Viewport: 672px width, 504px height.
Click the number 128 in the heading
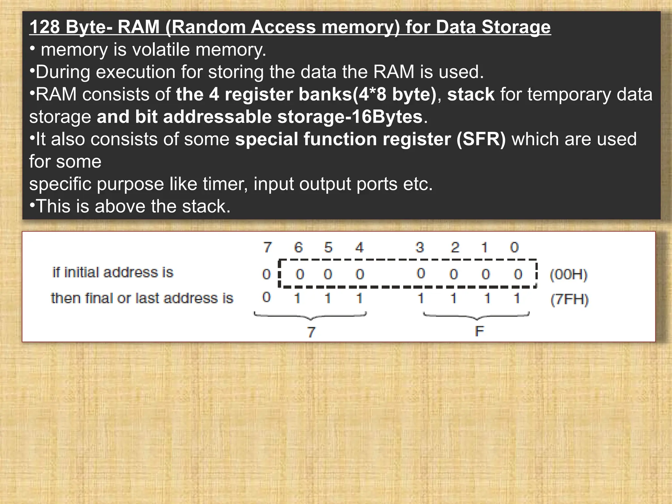pyautogui.click(x=45, y=27)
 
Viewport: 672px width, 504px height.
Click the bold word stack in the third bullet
pyautogui.click(x=471, y=94)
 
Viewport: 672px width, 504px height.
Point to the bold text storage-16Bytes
pyautogui.click(x=350, y=117)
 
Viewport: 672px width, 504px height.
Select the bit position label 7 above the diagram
pyautogui.click(x=268, y=247)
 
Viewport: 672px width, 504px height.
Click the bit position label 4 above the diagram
pyautogui.click(x=359, y=247)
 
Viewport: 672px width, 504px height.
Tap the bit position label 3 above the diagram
pyautogui.click(x=420, y=247)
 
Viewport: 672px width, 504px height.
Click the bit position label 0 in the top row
pyautogui.click(x=514, y=247)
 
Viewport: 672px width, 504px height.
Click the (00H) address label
pyautogui.click(x=568, y=274)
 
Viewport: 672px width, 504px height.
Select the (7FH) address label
pyautogui.click(x=569, y=300)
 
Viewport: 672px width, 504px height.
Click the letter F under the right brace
pyautogui.click(x=479, y=331)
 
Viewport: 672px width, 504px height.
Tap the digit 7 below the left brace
pyautogui.click(x=311, y=332)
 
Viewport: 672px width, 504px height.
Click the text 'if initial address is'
pyautogui.click(x=113, y=273)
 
